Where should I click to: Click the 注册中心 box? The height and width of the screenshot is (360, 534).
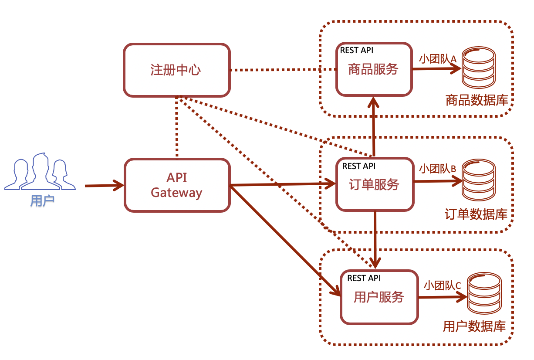click(x=176, y=70)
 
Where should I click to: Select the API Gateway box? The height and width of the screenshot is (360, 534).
click(x=177, y=185)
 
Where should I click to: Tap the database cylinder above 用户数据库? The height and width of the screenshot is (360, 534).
click(x=483, y=294)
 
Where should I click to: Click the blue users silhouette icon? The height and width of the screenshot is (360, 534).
click(x=40, y=172)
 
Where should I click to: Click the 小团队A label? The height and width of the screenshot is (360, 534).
click(x=437, y=58)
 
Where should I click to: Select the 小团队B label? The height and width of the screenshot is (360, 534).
click(x=437, y=169)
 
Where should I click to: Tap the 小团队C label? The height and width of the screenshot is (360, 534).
click(x=442, y=285)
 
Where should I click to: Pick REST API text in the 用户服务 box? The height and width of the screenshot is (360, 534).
click(x=364, y=278)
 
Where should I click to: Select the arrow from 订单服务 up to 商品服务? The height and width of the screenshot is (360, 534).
click(x=373, y=126)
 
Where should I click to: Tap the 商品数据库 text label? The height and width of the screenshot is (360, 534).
click(x=477, y=101)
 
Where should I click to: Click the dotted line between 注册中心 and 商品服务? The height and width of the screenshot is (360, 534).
click(x=283, y=70)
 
